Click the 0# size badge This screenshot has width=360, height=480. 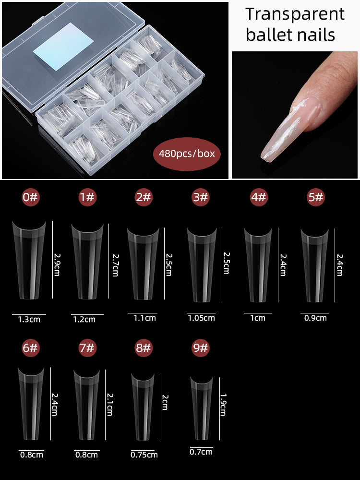point(30,197)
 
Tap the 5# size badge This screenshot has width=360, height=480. point(316,197)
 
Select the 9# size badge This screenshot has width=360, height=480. point(201,348)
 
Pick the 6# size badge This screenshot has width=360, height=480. point(30,348)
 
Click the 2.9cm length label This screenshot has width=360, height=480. point(57,264)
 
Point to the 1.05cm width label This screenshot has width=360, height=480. point(201,318)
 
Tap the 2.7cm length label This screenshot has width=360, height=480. point(115,265)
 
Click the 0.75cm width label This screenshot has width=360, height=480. point(144,455)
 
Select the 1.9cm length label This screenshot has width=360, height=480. point(223,404)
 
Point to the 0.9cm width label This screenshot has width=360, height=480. point(315,318)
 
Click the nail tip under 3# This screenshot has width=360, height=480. point(202,265)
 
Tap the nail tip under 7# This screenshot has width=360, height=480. point(87,405)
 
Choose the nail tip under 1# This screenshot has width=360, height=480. point(87,262)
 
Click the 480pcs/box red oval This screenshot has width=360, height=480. point(187,154)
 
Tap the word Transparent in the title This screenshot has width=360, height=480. point(295,14)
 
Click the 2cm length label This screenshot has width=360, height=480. point(165,402)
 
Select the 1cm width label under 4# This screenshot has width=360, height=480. point(258,318)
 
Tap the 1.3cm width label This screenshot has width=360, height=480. point(29,319)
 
